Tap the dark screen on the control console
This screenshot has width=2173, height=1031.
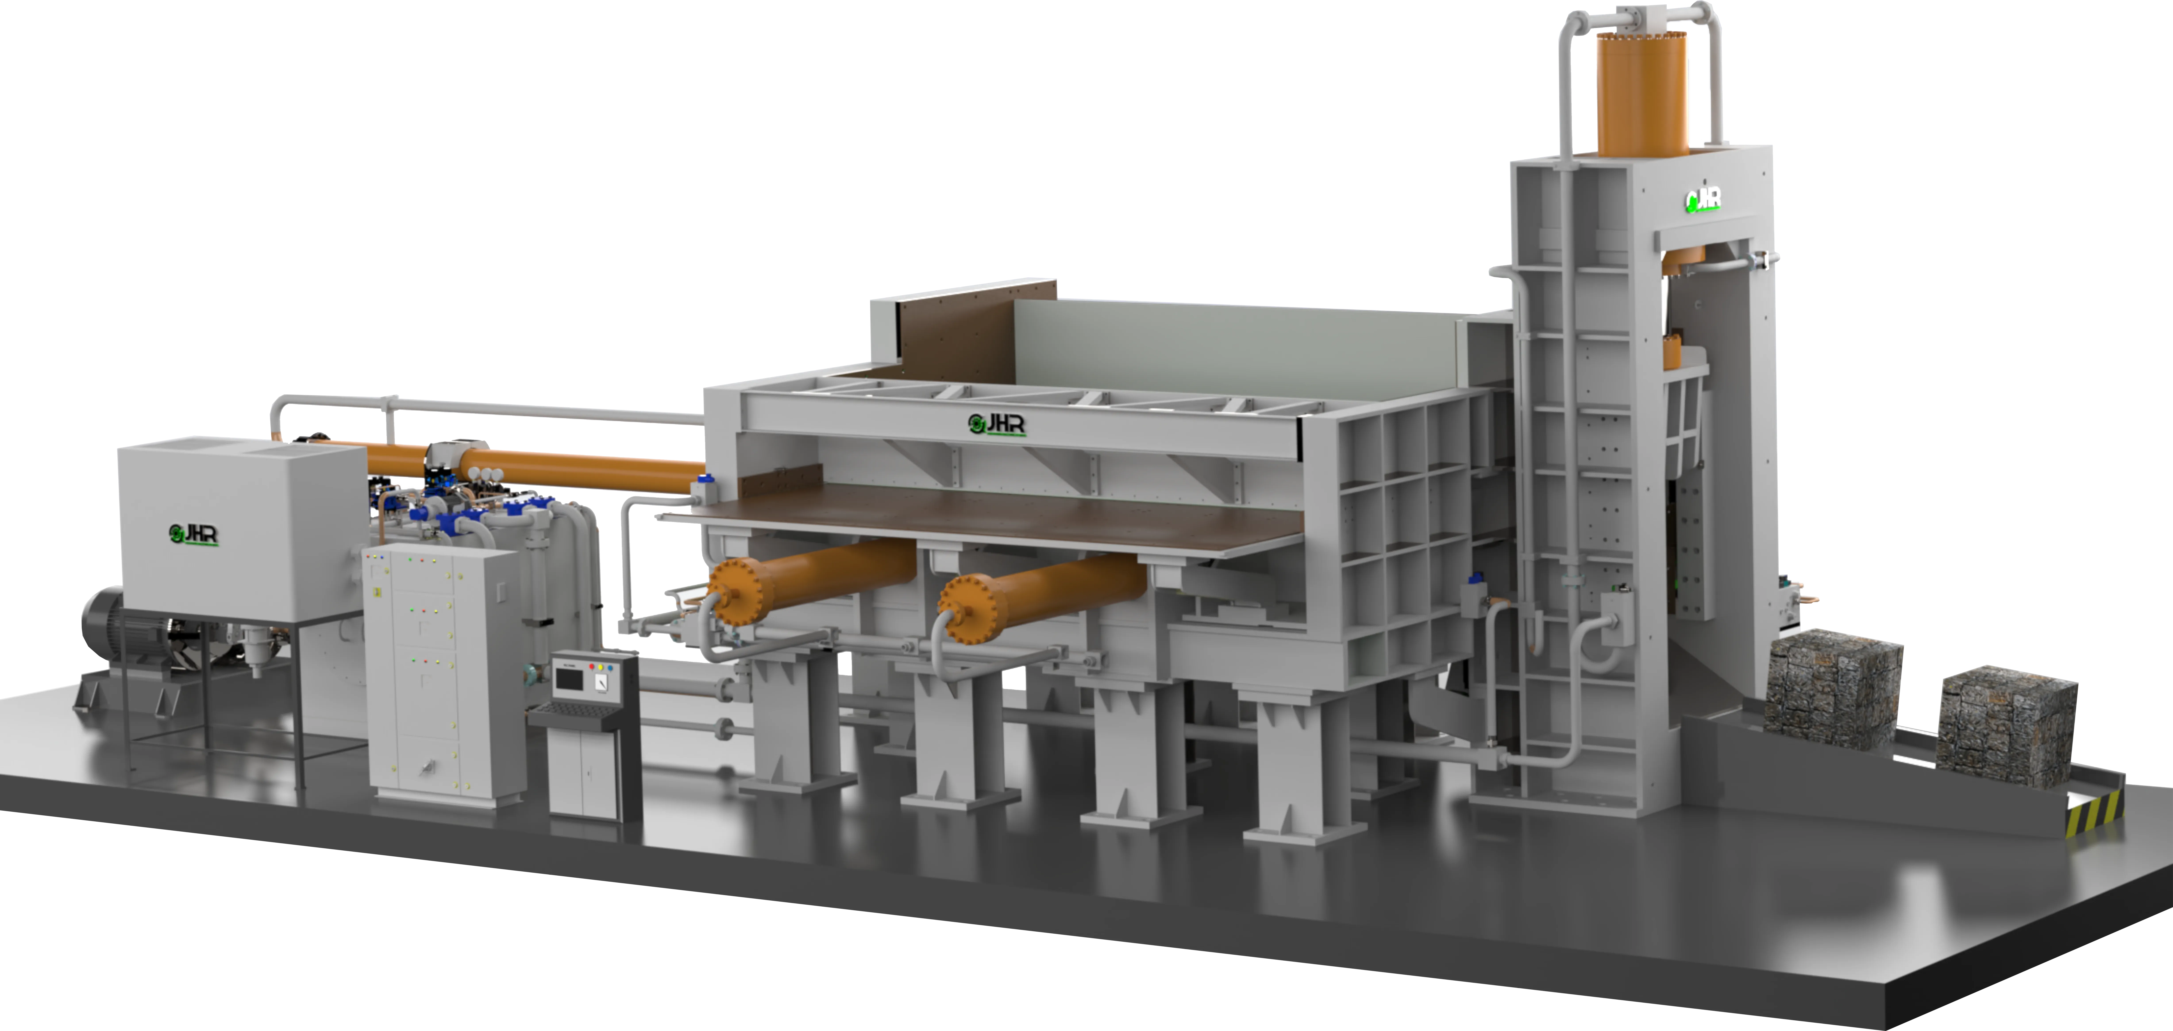click(569, 679)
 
